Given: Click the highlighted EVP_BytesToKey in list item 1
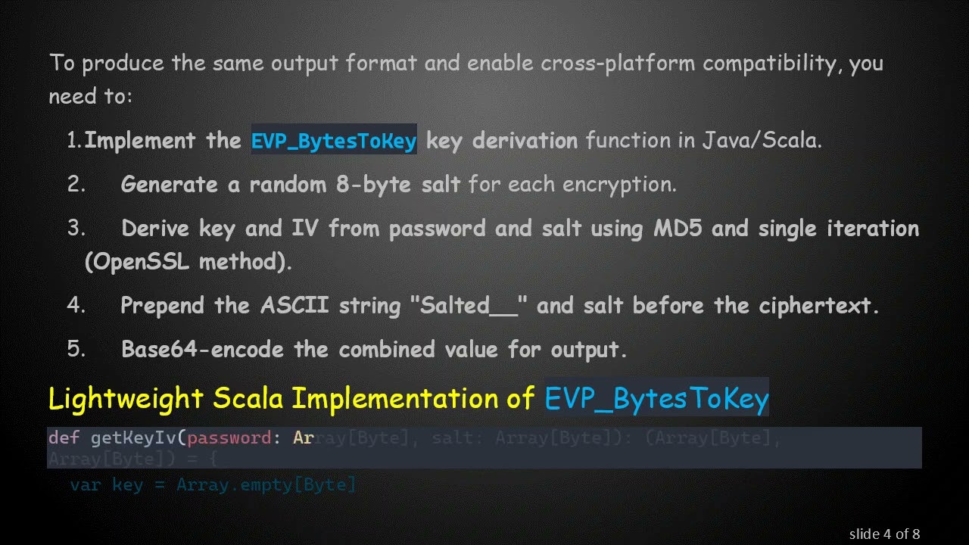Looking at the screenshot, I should (334, 141).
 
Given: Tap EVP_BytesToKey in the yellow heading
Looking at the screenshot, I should (656, 398).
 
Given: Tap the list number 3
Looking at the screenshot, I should (76, 229).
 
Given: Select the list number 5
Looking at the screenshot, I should (76, 349).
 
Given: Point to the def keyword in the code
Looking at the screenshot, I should (64, 438).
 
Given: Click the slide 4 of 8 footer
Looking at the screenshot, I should (884, 534).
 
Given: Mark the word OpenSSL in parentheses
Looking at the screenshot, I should (139, 262).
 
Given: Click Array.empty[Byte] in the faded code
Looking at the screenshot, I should (266, 485).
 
